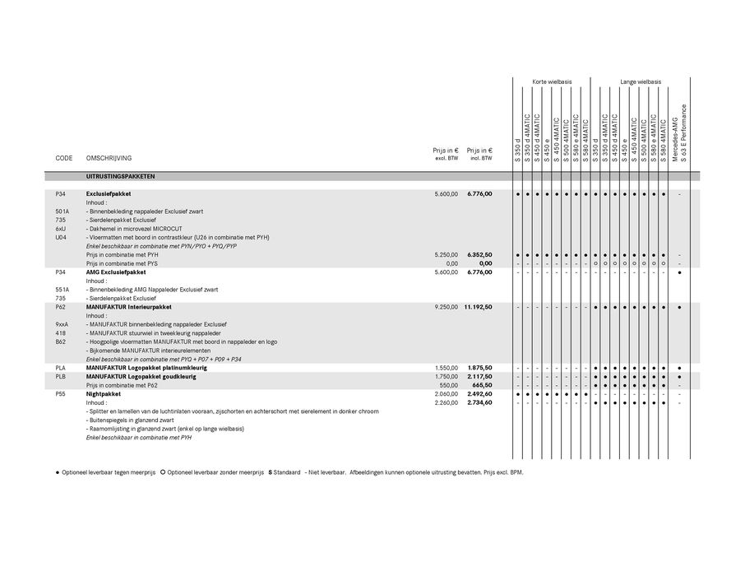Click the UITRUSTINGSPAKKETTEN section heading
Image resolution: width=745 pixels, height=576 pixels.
click(x=120, y=176)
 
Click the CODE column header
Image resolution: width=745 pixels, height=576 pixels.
click(x=64, y=157)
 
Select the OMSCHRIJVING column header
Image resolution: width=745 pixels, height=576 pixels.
click(x=109, y=157)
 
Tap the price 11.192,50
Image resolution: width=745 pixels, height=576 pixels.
click(x=477, y=306)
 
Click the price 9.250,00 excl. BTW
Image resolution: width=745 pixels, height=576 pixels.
click(x=446, y=306)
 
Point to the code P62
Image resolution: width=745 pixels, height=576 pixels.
click(x=60, y=306)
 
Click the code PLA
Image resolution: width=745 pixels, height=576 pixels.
click(x=60, y=368)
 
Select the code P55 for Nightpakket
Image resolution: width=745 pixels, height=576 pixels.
click(x=60, y=394)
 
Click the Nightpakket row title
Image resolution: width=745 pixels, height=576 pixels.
click(x=103, y=394)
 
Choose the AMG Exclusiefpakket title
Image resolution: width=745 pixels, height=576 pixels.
click(x=116, y=272)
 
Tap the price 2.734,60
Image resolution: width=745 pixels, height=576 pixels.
click(x=479, y=403)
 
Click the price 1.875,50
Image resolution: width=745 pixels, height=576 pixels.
click(x=479, y=368)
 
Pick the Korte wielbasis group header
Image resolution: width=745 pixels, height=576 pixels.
click(x=552, y=82)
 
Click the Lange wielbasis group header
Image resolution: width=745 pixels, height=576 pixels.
click(x=641, y=82)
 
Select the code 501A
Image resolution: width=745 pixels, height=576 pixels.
click(x=62, y=211)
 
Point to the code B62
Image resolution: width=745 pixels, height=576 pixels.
click(x=60, y=341)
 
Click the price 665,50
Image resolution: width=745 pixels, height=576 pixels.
click(x=482, y=385)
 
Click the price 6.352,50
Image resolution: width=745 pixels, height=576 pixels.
click(x=479, y=255)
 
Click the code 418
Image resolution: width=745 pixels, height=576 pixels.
click(x=60, y=332)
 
